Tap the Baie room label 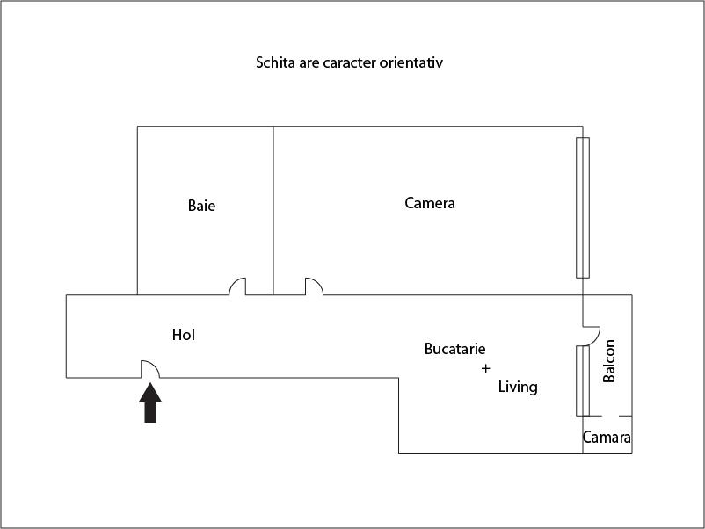201,207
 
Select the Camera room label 430,204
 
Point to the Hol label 184,335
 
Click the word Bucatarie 454,349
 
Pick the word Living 518,387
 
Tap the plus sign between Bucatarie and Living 485,368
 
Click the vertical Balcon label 609,361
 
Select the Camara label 607,438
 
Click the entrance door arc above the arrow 149,368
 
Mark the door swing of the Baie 237,286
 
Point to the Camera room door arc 314,286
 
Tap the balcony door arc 592,335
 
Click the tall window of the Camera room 582,207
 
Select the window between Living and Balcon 581,380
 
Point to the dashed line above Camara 607,416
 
